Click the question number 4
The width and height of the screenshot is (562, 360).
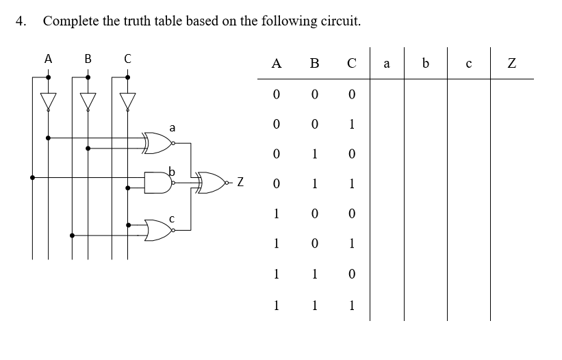[x=20, y=21]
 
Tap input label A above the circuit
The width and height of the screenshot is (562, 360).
[x=48, y=60]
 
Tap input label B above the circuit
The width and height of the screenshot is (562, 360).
[x=88, y=60]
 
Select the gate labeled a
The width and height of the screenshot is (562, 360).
[x=158, y=143]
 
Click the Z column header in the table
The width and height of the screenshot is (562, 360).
[x=511, y=64]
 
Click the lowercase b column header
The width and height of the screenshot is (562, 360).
[x=426, y=64]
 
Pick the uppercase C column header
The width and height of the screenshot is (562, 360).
[x=351, y=64]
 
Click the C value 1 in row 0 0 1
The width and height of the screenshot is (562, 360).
[x=351, y=125]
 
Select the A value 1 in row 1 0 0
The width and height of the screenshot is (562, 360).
[x=276, y=214]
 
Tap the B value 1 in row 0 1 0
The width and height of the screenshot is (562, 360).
[x=314, y=154]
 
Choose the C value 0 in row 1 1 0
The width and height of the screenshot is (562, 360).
[x=351, y=274]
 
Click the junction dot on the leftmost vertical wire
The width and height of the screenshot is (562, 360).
[x=32, y=177]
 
